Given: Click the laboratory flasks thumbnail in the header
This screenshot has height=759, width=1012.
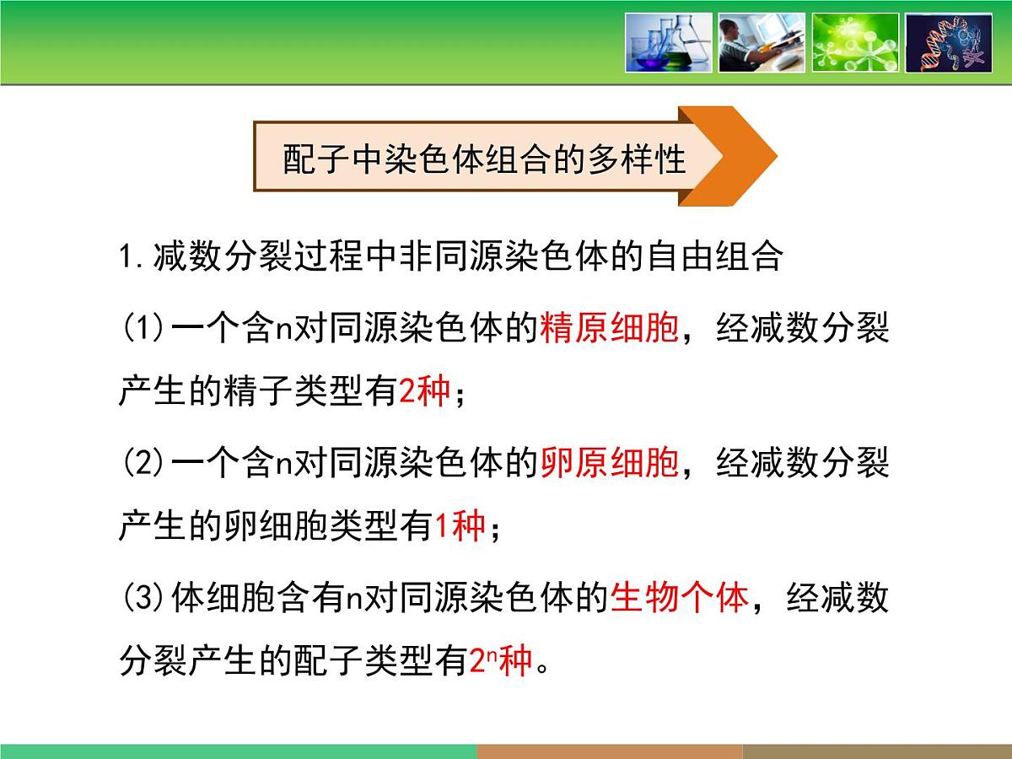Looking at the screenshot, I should [x=669, y=42].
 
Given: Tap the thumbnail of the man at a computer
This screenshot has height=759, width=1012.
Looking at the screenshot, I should [x=762, y=42].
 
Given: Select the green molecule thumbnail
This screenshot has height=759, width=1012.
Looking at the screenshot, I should [x=854, y=42].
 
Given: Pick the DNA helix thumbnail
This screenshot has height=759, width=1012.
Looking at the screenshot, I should [x=948, y=42].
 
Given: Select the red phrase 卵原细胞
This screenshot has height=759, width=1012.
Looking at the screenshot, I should [x=609, y=463].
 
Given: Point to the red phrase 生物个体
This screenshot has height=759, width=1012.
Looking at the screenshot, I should [x=679, y=598].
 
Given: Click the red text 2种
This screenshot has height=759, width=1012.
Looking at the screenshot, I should [x=424, y=392].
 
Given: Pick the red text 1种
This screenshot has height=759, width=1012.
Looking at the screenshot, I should [x=460, y=527].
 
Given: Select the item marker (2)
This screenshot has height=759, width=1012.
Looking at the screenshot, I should [x=143, y=463].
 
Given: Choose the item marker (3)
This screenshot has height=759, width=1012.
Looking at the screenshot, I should [x=143, y=598].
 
